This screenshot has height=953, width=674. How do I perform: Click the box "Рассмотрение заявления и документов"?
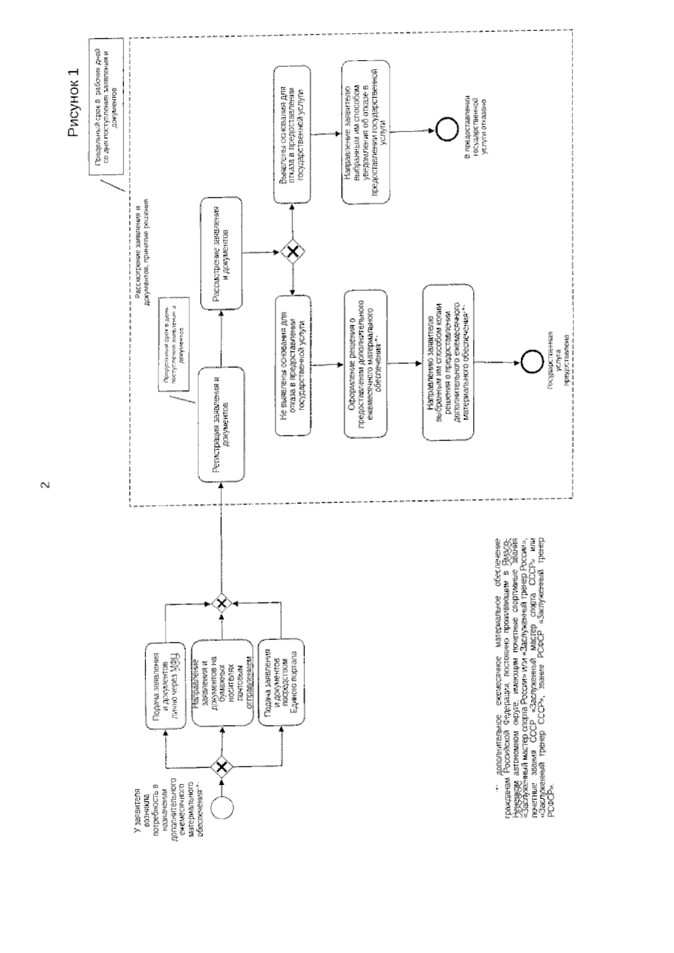coord(221,253)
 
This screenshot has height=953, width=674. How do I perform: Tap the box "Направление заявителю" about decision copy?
coord(448,364)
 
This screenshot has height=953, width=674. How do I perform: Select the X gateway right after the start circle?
coord(222,766)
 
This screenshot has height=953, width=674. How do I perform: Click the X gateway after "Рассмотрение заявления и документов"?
coord(292,253)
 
